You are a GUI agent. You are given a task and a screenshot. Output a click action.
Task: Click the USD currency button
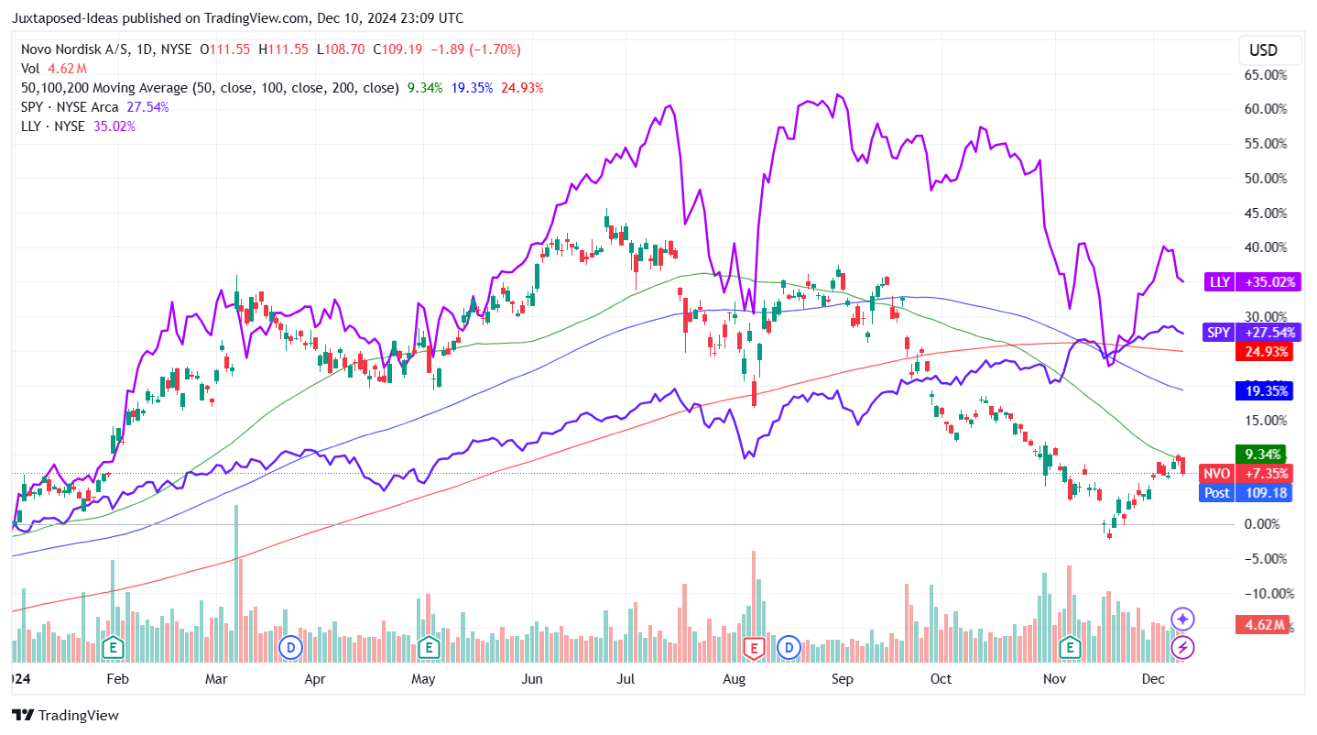(1263, 49)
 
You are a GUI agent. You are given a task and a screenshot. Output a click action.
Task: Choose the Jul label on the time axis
(626, 679)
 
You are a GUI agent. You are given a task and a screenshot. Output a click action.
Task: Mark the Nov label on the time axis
(1055, 679)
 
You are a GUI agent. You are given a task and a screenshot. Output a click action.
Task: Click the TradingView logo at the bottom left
(65, 715)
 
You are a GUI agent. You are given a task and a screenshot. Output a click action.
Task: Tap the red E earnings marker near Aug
(754, 647)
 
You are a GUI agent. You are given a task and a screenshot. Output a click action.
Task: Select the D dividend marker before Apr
(291, 647)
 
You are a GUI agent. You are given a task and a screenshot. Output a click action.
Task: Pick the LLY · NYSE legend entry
(54, 126)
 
